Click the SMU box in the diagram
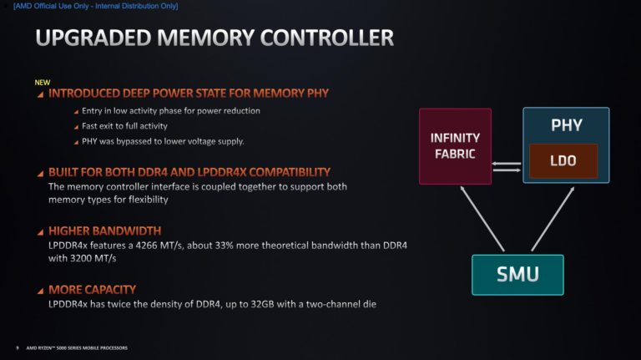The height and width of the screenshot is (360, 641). pyautogui.click(x=517, y=275)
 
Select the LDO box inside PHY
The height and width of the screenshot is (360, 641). pyautogui.click(x=563, y=160)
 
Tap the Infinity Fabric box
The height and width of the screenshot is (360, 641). pyautogui.click(x=455, y=146)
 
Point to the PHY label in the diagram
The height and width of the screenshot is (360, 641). pyautogui.click(x=566, y=125)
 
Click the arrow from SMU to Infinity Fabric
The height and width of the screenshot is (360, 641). pyautogui.click(x=482, y=219)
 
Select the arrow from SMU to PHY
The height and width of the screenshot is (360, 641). pyautogui.click(x=553, y=219)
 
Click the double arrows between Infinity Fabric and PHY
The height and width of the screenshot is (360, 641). pyautogui.click(x=507, y=166)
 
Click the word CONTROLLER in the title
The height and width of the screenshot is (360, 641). pyautogui.click(x=326, y=38)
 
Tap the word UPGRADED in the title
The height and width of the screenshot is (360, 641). pyautogui.click(x=93, y=38)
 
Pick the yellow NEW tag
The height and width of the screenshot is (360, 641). pyautogui.click(x=42, y=82)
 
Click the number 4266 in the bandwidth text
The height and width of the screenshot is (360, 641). pyautogui.click(x=146, y=246)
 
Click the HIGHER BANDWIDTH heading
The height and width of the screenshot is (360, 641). pyautogui.click(x=104, y=231)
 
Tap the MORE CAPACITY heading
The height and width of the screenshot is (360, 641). pyautogui.click(x=92, y=290)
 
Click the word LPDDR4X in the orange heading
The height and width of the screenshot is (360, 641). pyautogui.click(x=220, y=172)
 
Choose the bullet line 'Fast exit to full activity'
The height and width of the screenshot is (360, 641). pyautogui.click(x=124, y=126)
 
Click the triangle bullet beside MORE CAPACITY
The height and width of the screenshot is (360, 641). pyautogui.click(x=40, y=292)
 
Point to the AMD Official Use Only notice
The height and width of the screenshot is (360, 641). pyautogui.click(x=96, y=6)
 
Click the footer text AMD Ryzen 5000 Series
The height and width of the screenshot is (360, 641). pyautogui.click(x=77, y=347)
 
